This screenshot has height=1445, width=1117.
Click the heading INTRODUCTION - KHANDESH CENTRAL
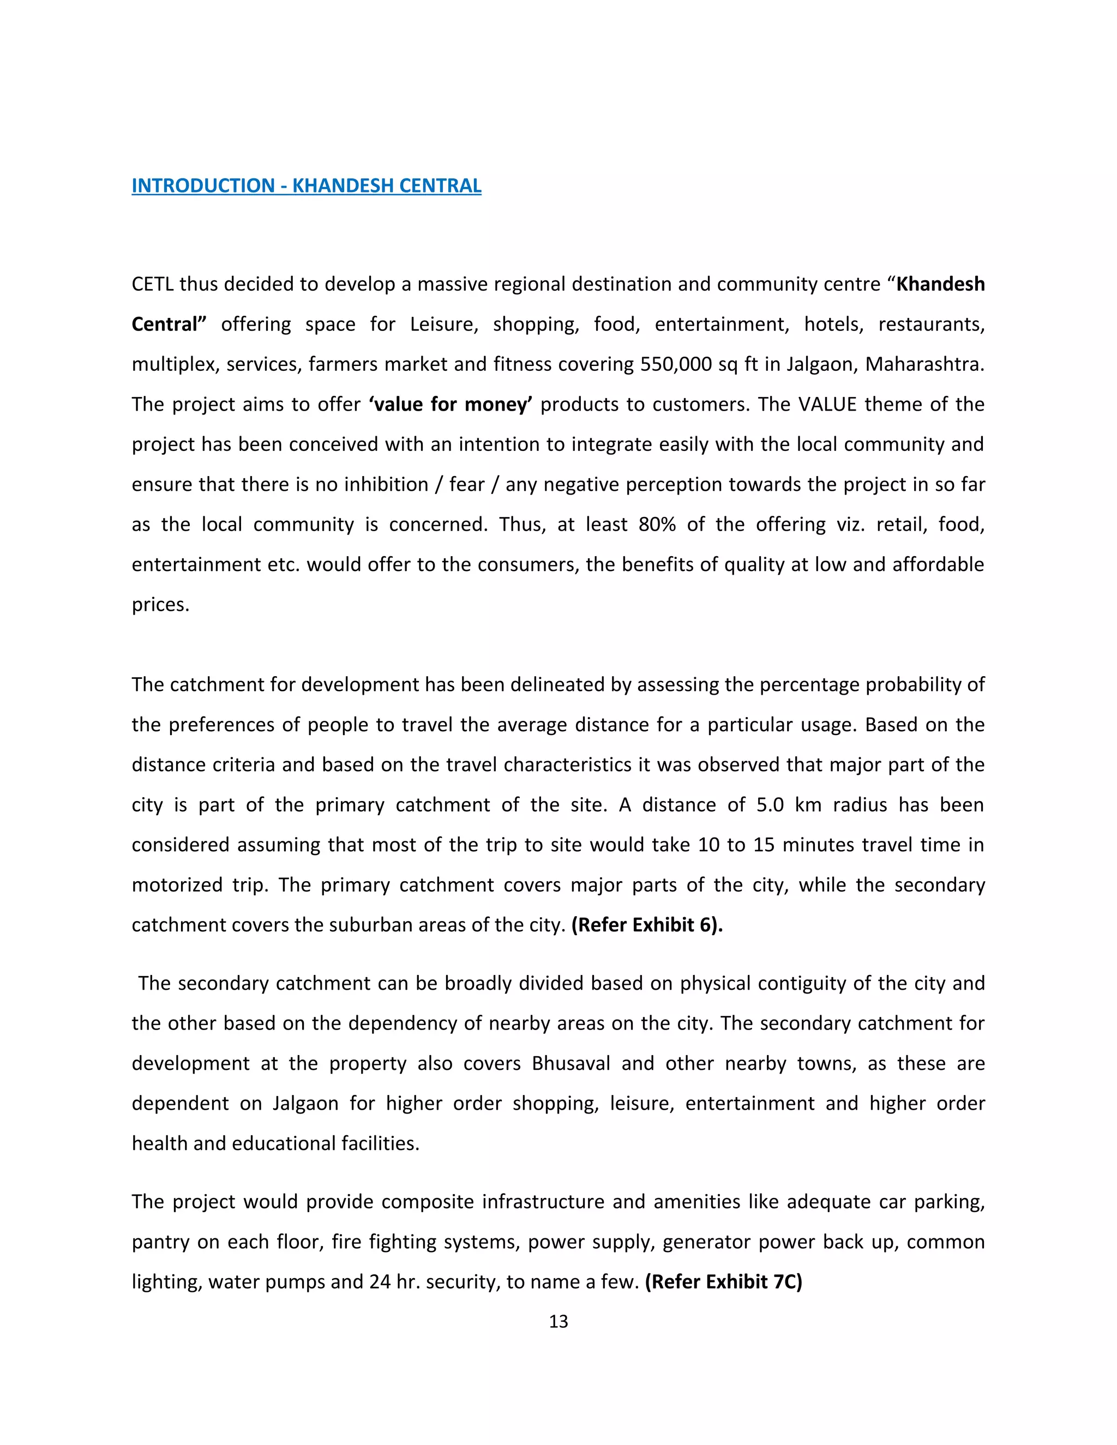pos(307,186)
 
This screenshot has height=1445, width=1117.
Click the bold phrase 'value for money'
pos(451,404)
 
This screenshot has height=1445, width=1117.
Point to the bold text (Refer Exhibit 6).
pos(646,924)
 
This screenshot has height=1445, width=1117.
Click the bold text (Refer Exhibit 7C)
pos(723,1281)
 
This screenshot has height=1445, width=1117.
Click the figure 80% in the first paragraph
pos(657,525)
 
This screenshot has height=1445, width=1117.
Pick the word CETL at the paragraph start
pos(153,285)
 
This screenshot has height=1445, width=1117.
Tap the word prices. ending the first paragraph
pos(160,605)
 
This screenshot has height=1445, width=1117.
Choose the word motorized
pos(177,885)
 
